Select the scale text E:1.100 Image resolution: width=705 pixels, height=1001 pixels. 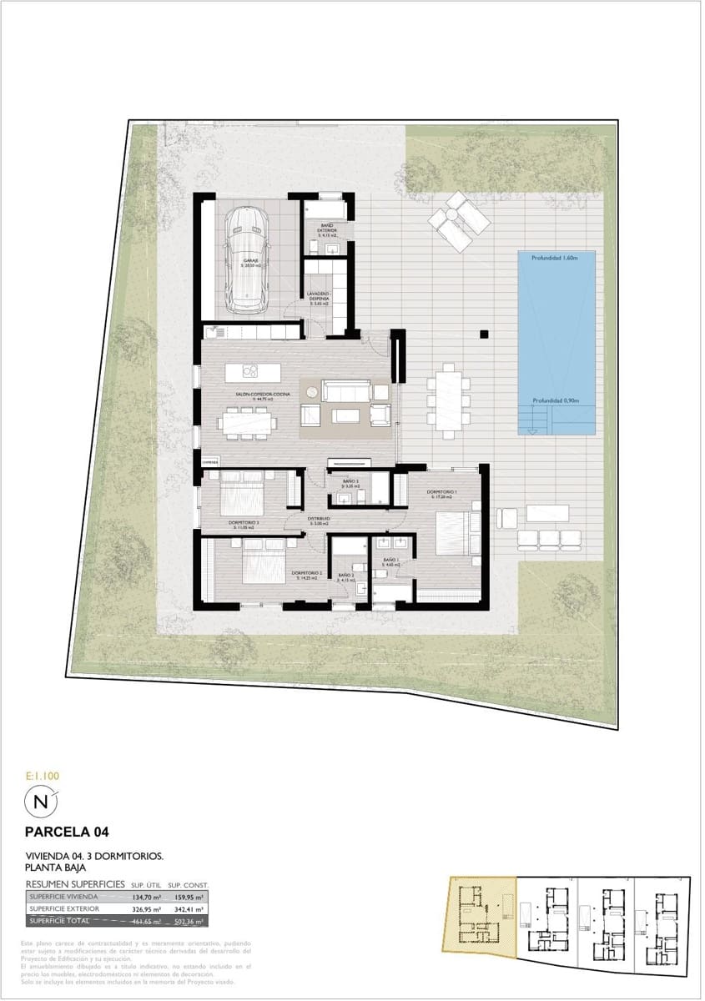[42, 776]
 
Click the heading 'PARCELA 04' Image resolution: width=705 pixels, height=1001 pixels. [67, 832]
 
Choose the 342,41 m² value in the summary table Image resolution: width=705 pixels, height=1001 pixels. [188, 908]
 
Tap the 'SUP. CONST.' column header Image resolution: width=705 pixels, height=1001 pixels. [188, 884]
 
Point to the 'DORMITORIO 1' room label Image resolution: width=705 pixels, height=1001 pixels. [443, 492]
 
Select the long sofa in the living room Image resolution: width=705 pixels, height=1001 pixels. [345, 390]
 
